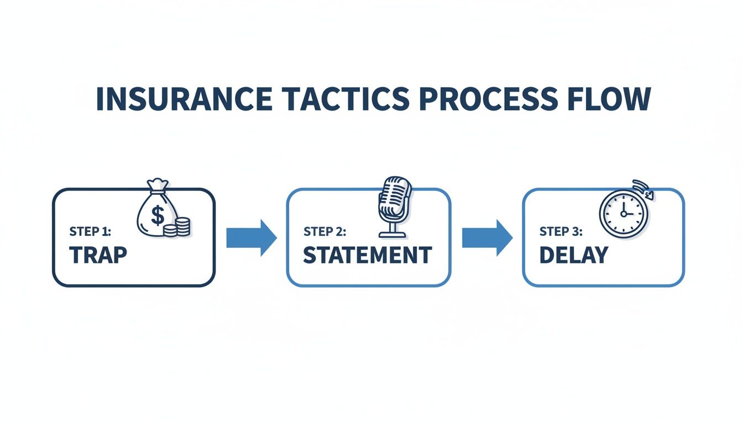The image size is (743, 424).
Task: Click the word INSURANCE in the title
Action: [184, 99]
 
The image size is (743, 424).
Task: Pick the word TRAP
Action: [98, 255]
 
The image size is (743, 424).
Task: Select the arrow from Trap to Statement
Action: [251, 238]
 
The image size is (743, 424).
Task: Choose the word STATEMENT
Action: [367, 255]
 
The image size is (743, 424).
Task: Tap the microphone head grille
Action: [395, 198]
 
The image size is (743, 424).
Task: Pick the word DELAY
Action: [573, 255]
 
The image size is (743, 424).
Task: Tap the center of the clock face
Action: [622, 214]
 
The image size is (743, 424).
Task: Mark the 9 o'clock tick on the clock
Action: [606, 214]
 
